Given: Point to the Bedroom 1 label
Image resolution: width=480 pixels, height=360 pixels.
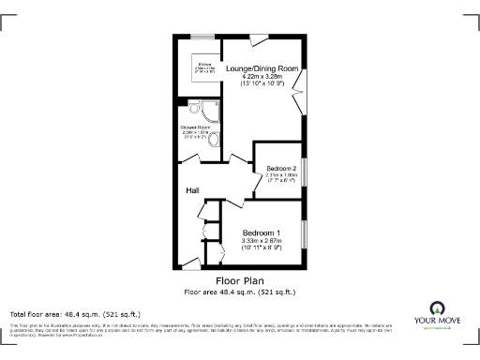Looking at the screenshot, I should click(262, 232).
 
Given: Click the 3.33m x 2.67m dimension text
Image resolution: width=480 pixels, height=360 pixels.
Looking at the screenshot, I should click(262, 241).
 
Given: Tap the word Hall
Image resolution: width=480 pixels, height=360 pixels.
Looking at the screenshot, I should click(192, 190).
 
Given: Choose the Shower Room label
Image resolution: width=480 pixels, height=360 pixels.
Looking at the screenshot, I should click(195, 127).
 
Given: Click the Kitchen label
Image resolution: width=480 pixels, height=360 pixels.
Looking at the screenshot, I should click(202, 64).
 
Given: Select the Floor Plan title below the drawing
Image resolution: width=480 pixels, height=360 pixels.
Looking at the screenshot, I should click(239, 280).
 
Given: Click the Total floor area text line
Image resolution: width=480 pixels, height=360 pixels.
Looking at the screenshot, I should click(74, 313).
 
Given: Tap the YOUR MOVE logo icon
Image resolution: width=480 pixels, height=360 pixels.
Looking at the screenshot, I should click(438, 308).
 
